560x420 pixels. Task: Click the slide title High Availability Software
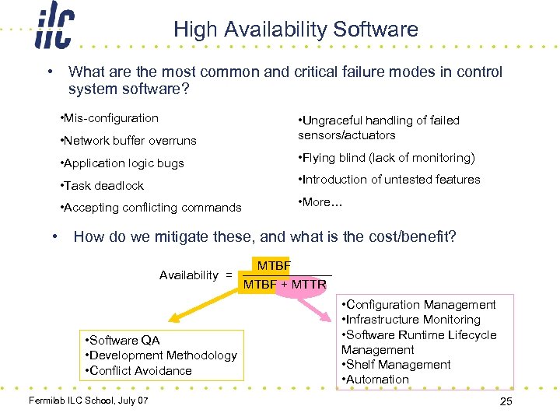296,30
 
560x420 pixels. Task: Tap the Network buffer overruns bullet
128,141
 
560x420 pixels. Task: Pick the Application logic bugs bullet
122,163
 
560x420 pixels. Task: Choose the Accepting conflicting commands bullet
151,208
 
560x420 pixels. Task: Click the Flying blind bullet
387,158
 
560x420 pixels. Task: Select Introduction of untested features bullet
389,180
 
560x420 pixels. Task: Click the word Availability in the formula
189,275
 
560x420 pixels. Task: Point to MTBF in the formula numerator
274,266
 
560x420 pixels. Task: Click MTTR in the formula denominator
309,285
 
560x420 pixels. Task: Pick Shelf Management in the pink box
396,365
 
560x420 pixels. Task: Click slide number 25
505,401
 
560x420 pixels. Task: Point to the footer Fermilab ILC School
87,401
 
